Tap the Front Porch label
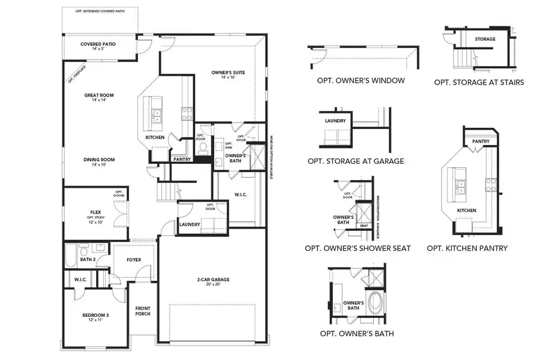(x=142, y=311)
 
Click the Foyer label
(x=133, y=260)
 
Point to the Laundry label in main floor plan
(x=190, y=225)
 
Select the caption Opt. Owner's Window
(x=361, y=80)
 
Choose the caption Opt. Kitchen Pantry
(x=467, y=248)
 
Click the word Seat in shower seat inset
(x=364, y=226)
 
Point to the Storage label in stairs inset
(x=485, y=40)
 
